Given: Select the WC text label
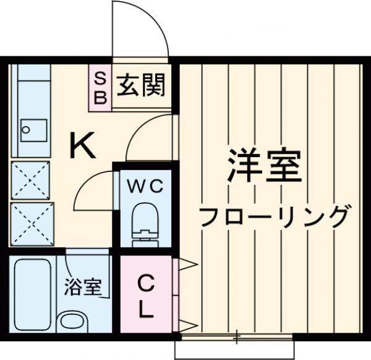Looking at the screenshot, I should click(x=145, y=186).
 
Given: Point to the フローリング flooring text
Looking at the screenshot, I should click(x=274, y=216).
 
